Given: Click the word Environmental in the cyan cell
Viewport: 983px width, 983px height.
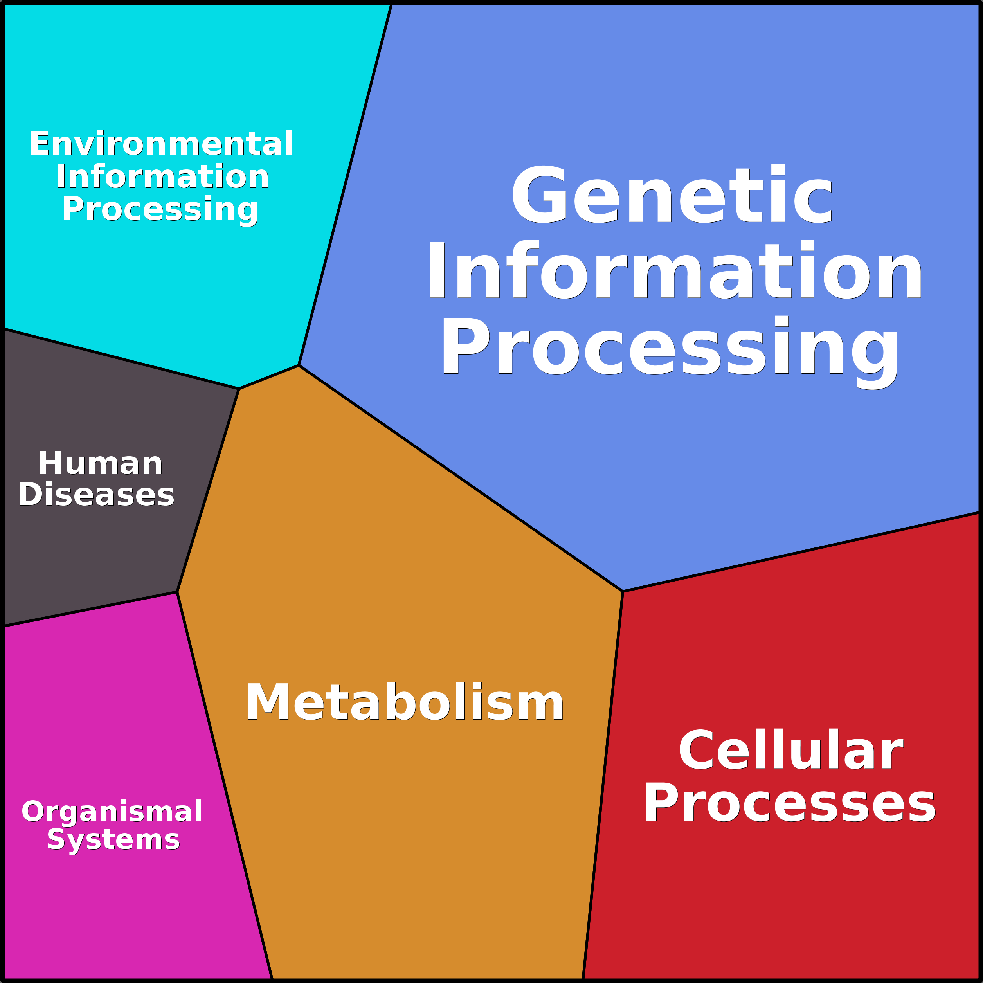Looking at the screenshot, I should click(161, 144).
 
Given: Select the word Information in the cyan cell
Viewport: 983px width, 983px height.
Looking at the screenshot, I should click(162, 176).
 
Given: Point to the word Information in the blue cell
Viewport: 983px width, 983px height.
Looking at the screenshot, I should click(675, 271).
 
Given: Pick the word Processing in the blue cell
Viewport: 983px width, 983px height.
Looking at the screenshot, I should click(670, 349).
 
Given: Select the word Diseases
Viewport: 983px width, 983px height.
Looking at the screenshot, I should click(96, 495).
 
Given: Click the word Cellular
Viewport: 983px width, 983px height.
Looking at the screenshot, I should click(791, 751).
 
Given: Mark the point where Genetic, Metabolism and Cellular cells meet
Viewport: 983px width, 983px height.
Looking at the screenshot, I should click(623, 591).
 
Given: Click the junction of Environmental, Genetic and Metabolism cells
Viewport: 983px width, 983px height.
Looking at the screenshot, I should click(299, 365).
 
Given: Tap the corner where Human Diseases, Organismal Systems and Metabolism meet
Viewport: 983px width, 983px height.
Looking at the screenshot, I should click(177, 592).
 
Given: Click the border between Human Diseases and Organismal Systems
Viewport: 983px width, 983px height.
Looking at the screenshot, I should click(90, 609).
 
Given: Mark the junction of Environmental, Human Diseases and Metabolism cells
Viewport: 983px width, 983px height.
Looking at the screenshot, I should click(239, 389).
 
